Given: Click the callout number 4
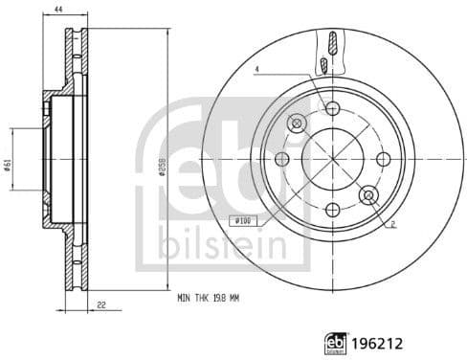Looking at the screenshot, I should pos(256,69).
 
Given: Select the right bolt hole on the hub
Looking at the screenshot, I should pos(383,159).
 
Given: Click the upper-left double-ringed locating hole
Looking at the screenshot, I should pos(296,123).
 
